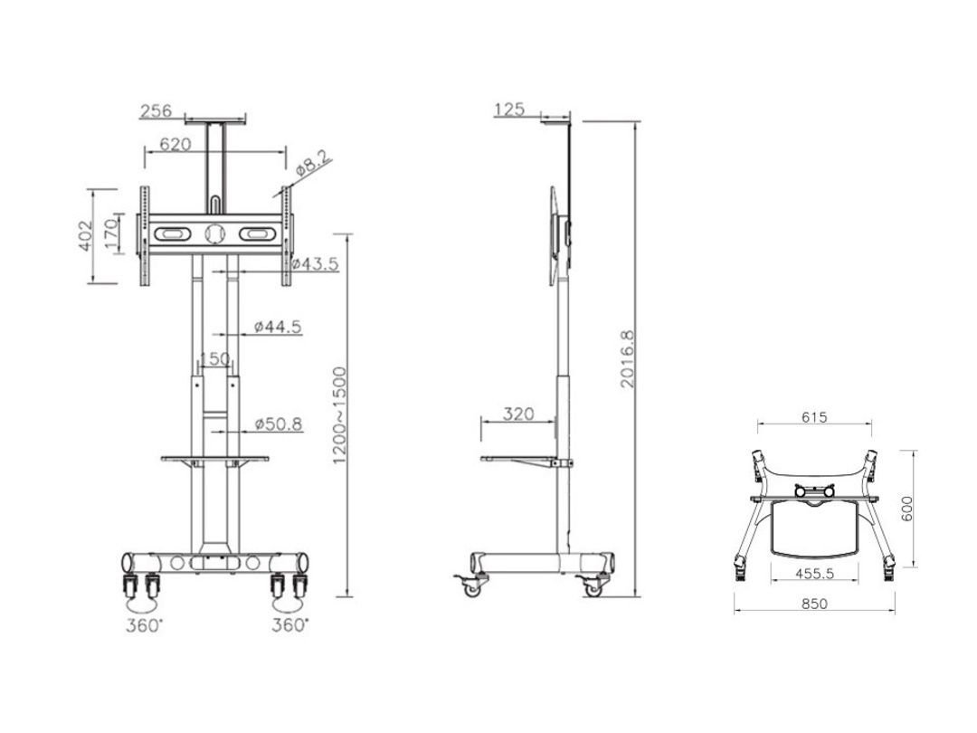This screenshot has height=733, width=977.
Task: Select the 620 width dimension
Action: coord(175,144)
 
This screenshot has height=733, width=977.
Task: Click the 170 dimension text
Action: coord(110,235)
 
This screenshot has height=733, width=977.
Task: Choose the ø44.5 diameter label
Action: coord(278,327)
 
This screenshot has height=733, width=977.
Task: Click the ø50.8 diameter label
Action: coord(278,423)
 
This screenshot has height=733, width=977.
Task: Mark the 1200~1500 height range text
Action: coord(339,415)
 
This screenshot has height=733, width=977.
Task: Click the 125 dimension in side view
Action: coord(510,109)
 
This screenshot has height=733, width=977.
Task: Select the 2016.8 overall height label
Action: coord(628,358)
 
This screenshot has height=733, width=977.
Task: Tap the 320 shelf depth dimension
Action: coord(517,414)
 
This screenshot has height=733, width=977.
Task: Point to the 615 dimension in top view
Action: coord(814,417)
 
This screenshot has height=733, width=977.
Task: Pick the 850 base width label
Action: coord(814,604)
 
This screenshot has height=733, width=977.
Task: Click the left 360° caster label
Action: coord(144,625)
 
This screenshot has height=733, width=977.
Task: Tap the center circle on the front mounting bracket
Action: coord(214,233)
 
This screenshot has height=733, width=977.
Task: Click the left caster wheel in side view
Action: coord(472,587)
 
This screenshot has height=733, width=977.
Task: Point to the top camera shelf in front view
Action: coord(214,118)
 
